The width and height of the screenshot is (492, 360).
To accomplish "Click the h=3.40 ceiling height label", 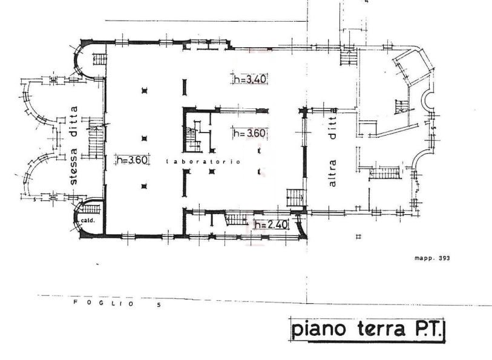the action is [250, 79].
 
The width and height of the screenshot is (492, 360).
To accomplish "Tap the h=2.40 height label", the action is [271, 224].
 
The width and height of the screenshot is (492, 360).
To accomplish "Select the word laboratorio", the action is [203, 162].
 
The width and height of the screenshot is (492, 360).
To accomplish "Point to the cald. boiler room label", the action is [88, 221].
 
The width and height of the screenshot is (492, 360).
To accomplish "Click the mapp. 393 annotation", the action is [432, 258].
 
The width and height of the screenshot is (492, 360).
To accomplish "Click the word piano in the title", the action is [319, 330].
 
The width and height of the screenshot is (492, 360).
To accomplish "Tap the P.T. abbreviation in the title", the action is [427, 329].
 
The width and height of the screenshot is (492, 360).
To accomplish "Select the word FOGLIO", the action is [104, 303].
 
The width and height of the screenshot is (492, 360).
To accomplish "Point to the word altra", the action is [332, 174].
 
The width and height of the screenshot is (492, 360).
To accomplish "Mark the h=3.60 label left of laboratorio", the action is [132, 160].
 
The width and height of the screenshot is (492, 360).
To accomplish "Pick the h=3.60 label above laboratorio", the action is [250, 133].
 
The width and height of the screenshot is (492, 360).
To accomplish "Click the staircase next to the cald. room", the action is [90, 209].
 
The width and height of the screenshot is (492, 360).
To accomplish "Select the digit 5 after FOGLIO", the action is [159, 304].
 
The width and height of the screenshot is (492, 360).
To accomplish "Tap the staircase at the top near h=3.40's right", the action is [349, 57].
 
